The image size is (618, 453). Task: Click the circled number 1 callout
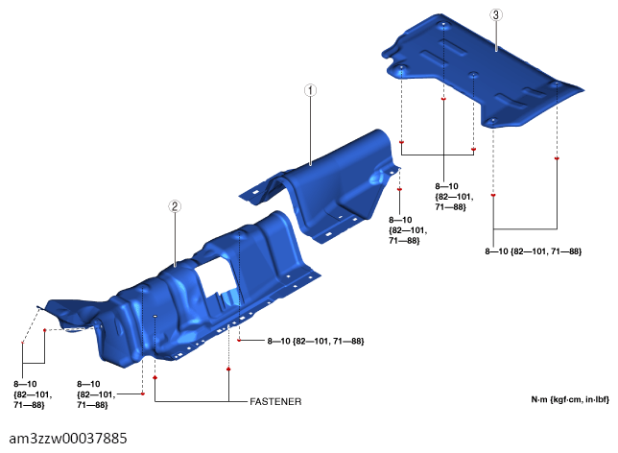coord(310,90)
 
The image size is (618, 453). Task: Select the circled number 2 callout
coord(175,206)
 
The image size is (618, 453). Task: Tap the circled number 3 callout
coord(496,15)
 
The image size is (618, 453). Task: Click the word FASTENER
coord(275,401)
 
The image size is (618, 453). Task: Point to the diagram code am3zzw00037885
coord(68,439)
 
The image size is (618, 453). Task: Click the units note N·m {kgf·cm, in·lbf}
coord(570,399)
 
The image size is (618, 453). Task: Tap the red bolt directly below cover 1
coord(399,190)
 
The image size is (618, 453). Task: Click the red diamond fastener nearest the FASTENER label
coord(228,370)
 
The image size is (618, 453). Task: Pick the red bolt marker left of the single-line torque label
coord(239,340)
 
